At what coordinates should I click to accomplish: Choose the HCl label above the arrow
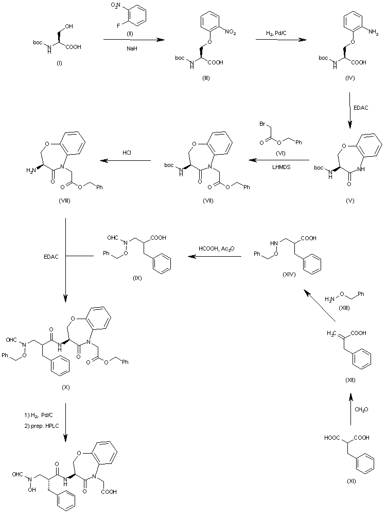[x=128, y=154]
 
